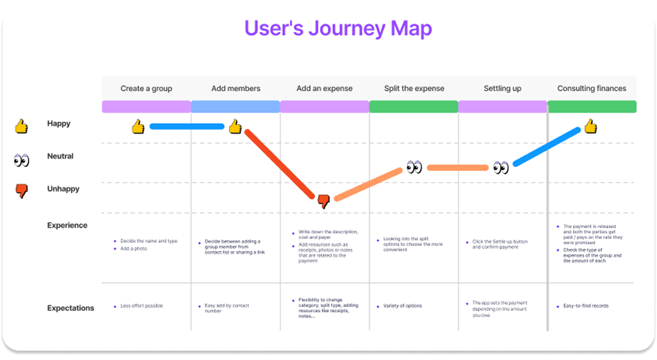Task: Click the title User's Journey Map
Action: point(338,29)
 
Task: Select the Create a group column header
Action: point(146,89)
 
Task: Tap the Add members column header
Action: point(235,89)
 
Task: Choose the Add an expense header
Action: point(325,89)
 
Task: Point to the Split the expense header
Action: point(414,89)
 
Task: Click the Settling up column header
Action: point(502,89)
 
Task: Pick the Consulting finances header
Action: point(592,89)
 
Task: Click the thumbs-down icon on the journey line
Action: point(324,201)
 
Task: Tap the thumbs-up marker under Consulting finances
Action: point(590,126)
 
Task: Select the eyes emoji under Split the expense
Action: point(414,167)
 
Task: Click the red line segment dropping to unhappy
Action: point(279,163)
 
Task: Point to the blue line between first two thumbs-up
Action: point(187,126)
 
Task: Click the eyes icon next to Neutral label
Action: point(22,160)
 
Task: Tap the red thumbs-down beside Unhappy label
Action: point(22,192)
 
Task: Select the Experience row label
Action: point(67,226)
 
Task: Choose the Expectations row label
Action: point(70,308)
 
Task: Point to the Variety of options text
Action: point(402,306)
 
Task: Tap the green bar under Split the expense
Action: point(414,106)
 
